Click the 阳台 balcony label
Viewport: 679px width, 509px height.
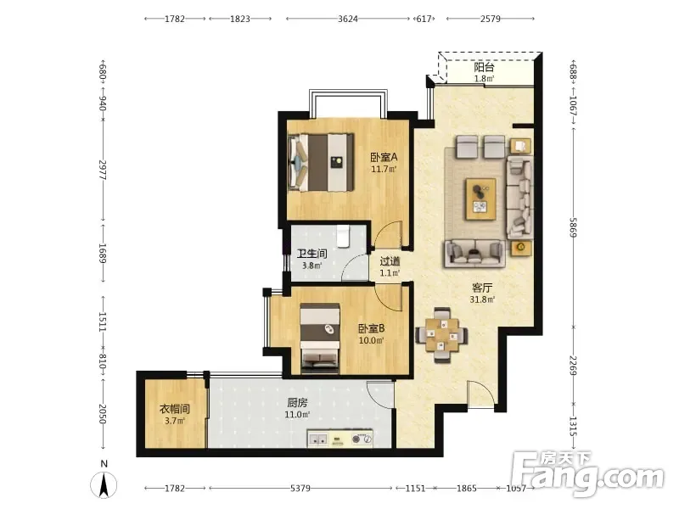point(484,68)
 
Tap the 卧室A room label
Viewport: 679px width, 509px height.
point(384,157)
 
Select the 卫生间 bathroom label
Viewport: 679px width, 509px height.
point(311,254)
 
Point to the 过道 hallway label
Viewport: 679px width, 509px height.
point(390,261)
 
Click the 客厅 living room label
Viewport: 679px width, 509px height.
point(482,288)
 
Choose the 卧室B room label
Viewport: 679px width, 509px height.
point(371,328)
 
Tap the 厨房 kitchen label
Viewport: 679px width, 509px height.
point(297,403)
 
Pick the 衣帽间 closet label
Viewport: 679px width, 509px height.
point(175,409)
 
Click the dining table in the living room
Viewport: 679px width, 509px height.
point(441,335)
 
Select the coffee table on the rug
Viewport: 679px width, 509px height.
point(480,199)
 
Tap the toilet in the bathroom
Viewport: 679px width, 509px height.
point(344,236)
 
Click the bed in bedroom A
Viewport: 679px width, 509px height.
point(321,162)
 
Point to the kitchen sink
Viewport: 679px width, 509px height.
point(318,439)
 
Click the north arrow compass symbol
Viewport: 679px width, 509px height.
point(104,484)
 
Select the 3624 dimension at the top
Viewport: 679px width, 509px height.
point(348,19)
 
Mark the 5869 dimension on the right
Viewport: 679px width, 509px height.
point(573,227)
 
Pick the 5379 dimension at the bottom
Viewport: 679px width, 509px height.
point(300,489)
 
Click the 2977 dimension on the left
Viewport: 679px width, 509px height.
point(103,171)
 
